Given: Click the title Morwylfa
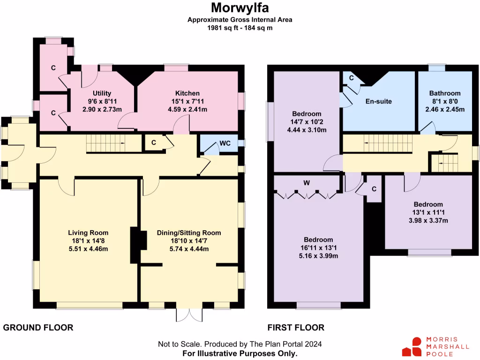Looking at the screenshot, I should (x=240, y=8).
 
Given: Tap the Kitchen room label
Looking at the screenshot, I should (x=187, y=93).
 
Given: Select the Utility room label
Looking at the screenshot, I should (x=101, y=93).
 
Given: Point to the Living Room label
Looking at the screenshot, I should (x=88, y=232).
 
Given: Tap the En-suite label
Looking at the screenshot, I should (x=378, y=101).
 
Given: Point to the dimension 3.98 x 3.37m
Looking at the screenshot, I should (x=427, y=221).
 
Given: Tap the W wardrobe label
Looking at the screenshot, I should (x=306, y=182).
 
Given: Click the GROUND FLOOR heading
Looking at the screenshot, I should (x=38, y=328).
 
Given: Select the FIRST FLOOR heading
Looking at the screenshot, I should (x=296, y=328).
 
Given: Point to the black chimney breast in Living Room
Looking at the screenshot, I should (x=135, y=245).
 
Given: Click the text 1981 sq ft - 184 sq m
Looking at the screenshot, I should (x=240, y=28).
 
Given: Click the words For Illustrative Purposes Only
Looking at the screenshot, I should (x=240, y=353).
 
